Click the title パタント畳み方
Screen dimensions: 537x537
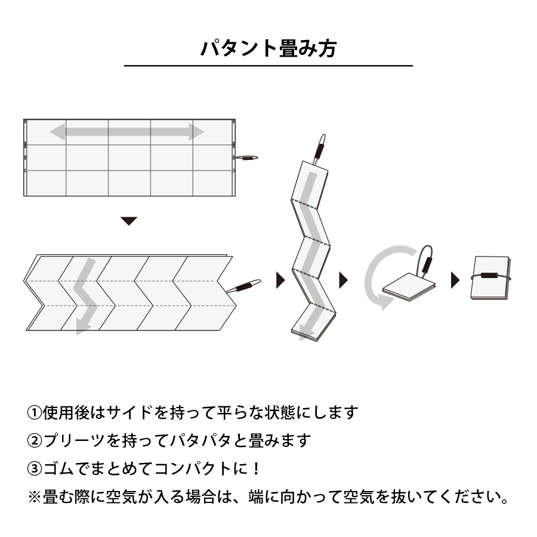pyautogui.click(x=268, y=48)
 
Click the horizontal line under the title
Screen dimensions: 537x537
pyautogui.click(x=268, y=65)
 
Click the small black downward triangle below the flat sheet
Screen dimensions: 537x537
pyautogui.click(x=129, y=221)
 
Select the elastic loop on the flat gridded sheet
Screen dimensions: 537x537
pyautogui.click(x=247, y=158)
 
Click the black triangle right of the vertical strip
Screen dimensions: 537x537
pyautogui.click(x=343, y=280)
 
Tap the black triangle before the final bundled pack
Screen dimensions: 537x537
pyautogui.click(x=455, y=280)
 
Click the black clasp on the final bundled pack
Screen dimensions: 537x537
pyautogui.click(x=491, y=276)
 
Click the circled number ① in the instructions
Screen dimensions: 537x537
pyautogui.click(x=35, y=412)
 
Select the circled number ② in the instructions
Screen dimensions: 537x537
pyautogui.click(x=35, y=441)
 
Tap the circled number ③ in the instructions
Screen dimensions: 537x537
pyautogui.click(x=35, y=469)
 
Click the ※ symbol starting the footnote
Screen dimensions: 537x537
pyautogui.click(x=35, y=497)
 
